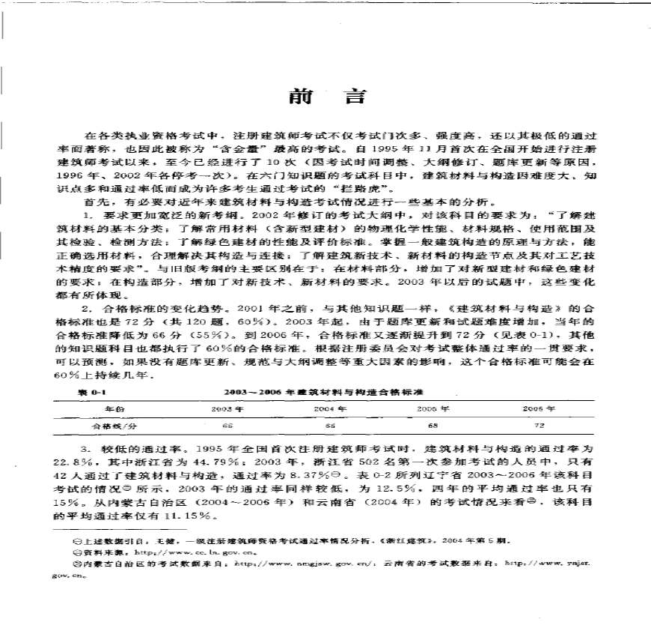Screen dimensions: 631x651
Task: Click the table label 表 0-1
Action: [93, 392]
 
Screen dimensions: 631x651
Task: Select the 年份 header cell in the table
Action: [114, 409]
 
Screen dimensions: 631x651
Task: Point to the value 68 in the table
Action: [433, 425]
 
